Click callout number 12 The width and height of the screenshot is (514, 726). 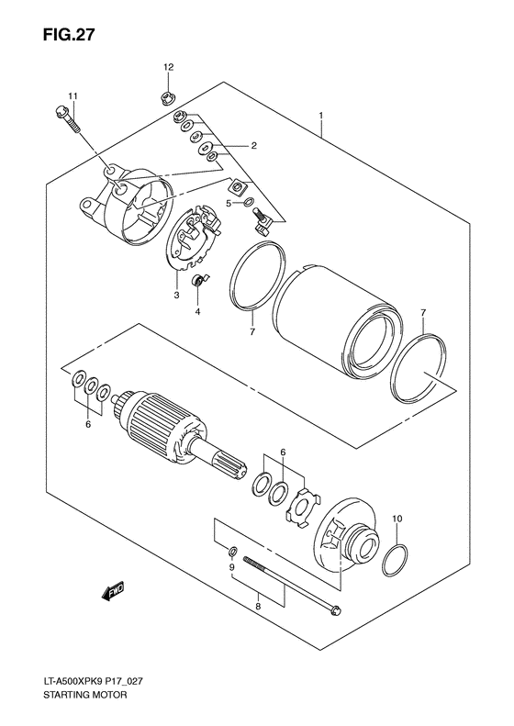point(168,68)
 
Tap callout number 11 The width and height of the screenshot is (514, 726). point(73,96)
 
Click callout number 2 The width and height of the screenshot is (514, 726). point(253,145)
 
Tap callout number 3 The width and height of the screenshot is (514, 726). point(175,296)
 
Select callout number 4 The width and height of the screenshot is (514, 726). point(197,311)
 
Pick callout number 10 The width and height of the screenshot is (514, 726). point(397,519)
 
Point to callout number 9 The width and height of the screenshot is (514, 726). point(232,568)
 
